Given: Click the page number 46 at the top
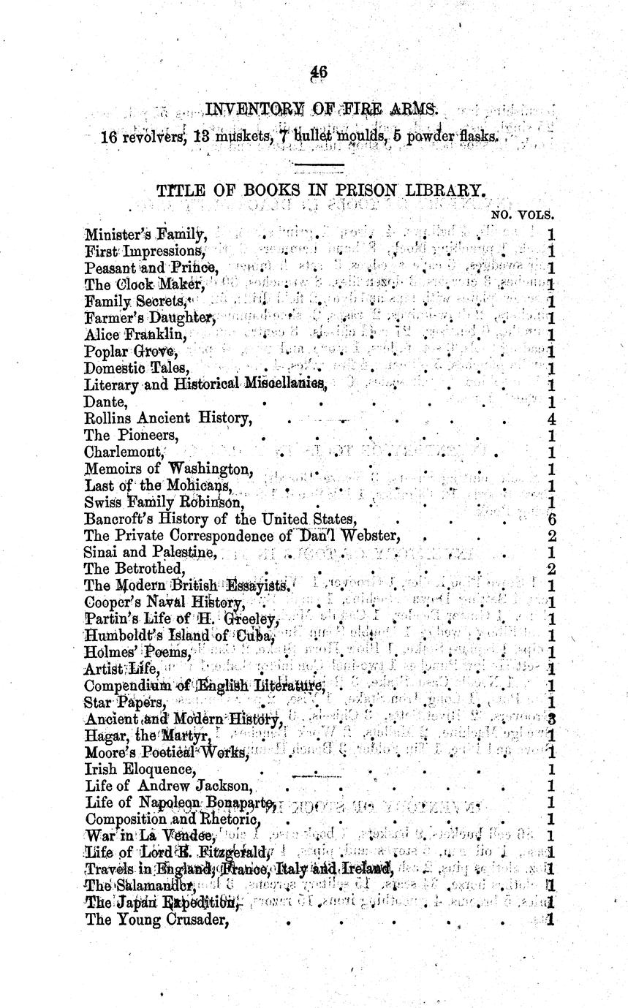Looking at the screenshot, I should [x=318, y=72].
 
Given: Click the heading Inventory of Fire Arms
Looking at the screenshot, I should [x=322, y=110].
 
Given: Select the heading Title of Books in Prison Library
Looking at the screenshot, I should [x=321, y=191].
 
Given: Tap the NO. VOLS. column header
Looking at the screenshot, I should [x=523, y=216].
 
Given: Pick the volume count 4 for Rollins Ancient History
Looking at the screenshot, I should [x=551, y=419].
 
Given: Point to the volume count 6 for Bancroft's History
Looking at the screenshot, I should [x=551, y=519].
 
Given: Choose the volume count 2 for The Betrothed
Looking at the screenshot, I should [x=551, y=569].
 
